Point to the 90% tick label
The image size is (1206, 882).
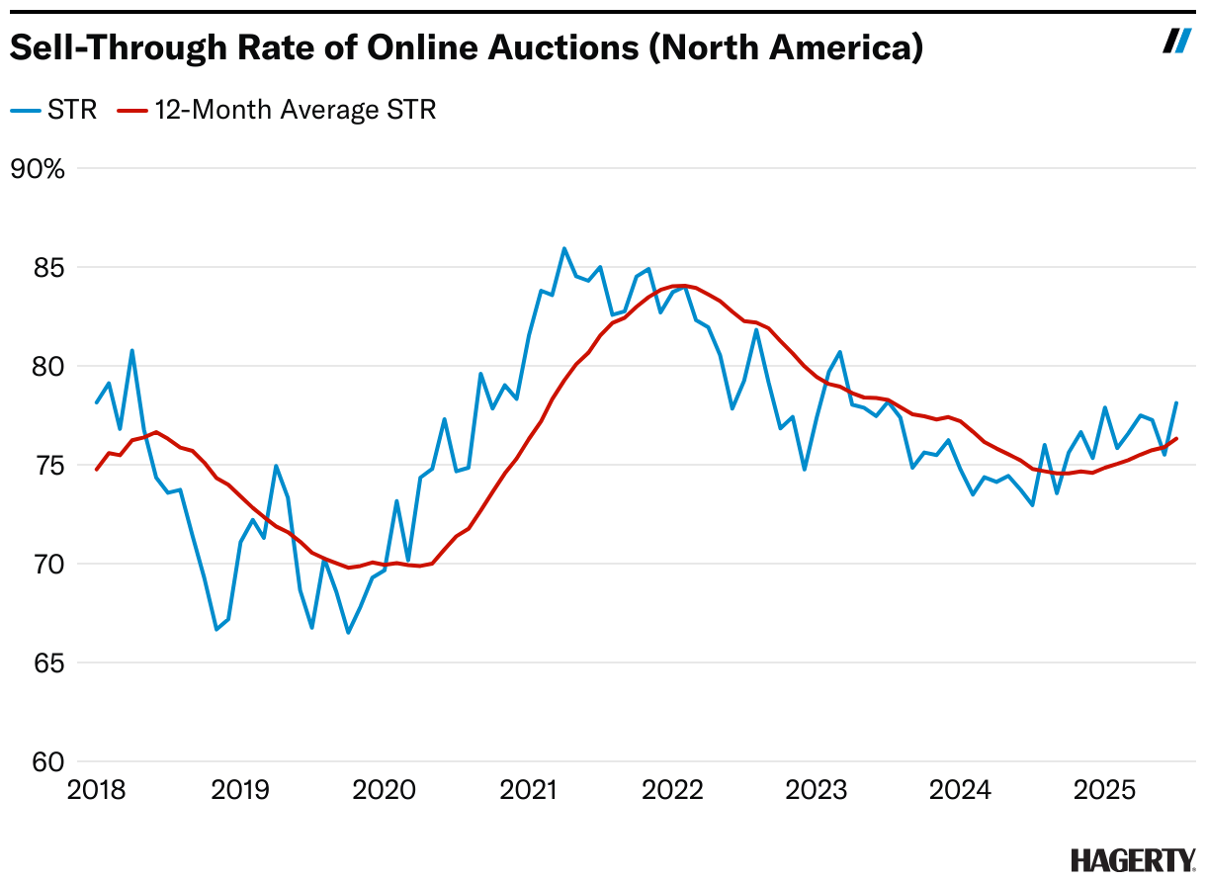click(37, 169)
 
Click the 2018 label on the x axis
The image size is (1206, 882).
click(96, 791)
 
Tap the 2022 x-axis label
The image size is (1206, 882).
click(672, 791)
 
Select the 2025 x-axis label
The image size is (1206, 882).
click(1104, 791)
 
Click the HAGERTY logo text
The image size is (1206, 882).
click(1132, 859)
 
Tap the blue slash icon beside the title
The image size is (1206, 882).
click(1176, 41)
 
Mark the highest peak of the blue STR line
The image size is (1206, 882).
click(564, 248)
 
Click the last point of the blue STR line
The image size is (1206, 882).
click(1176, 402)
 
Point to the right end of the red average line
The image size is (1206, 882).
click(1176, 438)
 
